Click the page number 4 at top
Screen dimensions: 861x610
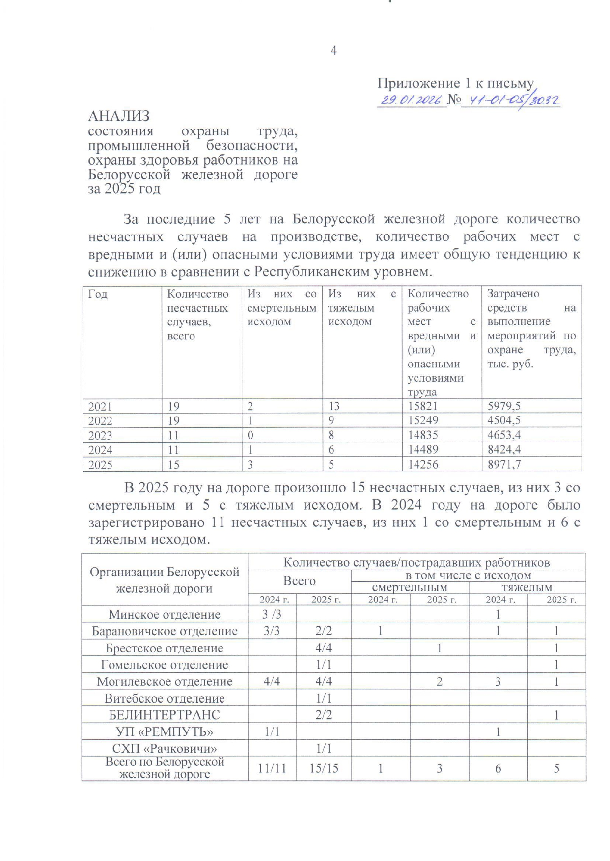pos(333,51)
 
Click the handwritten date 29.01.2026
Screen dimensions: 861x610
pos(411,100)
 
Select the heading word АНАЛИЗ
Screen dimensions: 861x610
pos(119,116)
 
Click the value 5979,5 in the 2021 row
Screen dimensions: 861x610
pos(504,406)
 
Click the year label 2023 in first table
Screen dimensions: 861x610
pos(100,435)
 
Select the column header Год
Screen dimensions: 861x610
pos(98,294)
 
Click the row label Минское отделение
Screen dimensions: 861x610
pos(165,614)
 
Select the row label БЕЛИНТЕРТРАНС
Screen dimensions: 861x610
pos(165,715)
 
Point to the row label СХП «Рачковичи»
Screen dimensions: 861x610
pos(165,749)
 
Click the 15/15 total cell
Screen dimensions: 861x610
pos(324,768)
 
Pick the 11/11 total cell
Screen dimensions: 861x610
pos(272,768)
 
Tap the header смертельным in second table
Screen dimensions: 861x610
pos(410,587)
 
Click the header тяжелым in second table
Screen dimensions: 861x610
pos(527,587)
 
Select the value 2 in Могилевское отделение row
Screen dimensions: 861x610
pos(439,681)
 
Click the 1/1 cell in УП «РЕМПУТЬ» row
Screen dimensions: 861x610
pos(272,731)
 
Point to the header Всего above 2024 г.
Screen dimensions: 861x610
pos(299,581)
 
